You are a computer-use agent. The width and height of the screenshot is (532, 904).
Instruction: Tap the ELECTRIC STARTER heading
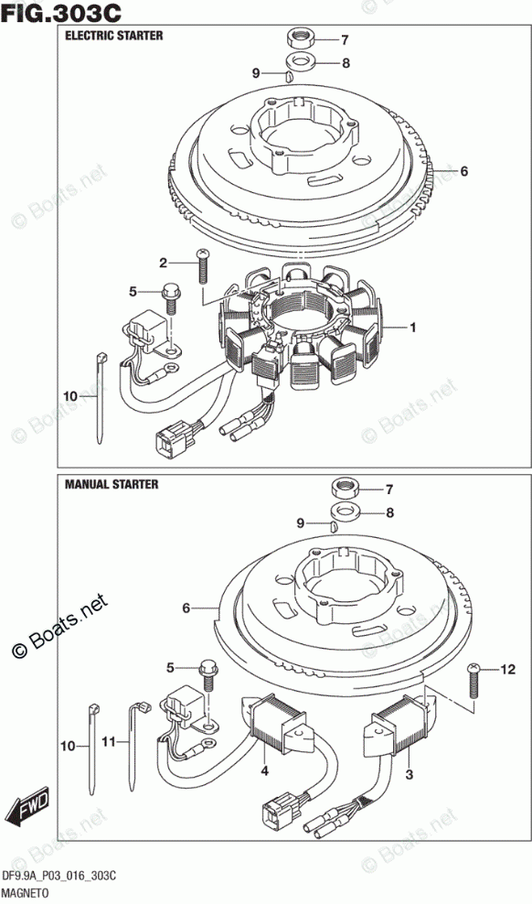(113, 36)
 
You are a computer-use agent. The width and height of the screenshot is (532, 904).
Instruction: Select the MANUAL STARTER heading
(112, 484)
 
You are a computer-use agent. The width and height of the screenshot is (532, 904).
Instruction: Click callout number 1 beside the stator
(412, 328)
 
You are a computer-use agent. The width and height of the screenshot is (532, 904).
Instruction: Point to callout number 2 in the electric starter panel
(163, 264)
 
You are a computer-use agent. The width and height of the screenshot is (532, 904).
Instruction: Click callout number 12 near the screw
(506, 670)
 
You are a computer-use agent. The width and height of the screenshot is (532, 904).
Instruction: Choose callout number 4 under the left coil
(263, 770)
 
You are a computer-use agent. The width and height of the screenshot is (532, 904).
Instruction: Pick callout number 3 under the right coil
(409, 775)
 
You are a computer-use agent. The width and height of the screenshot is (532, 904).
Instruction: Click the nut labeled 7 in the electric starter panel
(301, 39)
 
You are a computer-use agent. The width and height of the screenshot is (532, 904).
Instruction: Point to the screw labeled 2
(202, 265)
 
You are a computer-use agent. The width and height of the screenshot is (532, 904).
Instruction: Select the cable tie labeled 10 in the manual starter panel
(94, 748)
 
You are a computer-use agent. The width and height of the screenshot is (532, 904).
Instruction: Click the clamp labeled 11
(136, 744)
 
